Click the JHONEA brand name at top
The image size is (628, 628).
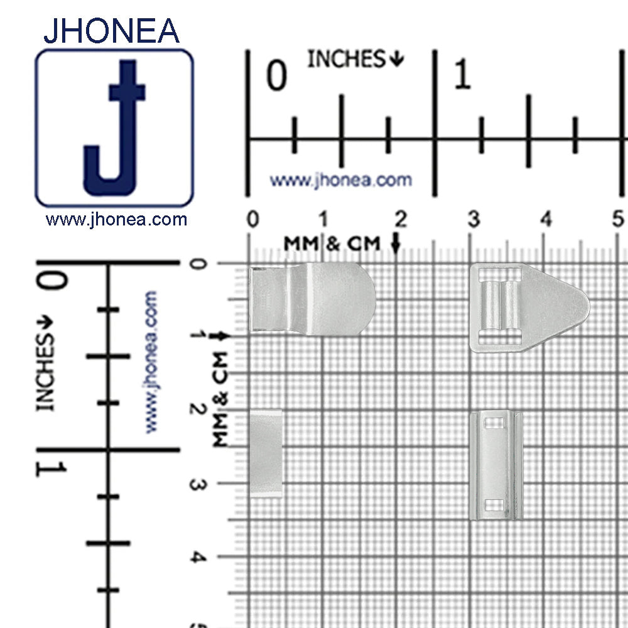(x=111, y=31)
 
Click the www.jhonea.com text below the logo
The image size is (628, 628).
(x=116, y=219)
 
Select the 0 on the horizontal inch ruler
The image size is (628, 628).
(x=277, y=75)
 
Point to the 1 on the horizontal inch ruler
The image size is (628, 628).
(x=463, y=73)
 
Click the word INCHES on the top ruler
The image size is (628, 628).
(x=346, y=59)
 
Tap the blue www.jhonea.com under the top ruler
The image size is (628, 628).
(x=341, y=181)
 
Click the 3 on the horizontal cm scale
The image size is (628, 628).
(x=474, y=219)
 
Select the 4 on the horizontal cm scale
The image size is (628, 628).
(x=546, y=219)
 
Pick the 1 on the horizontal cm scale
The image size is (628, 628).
(x=323, y=219)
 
